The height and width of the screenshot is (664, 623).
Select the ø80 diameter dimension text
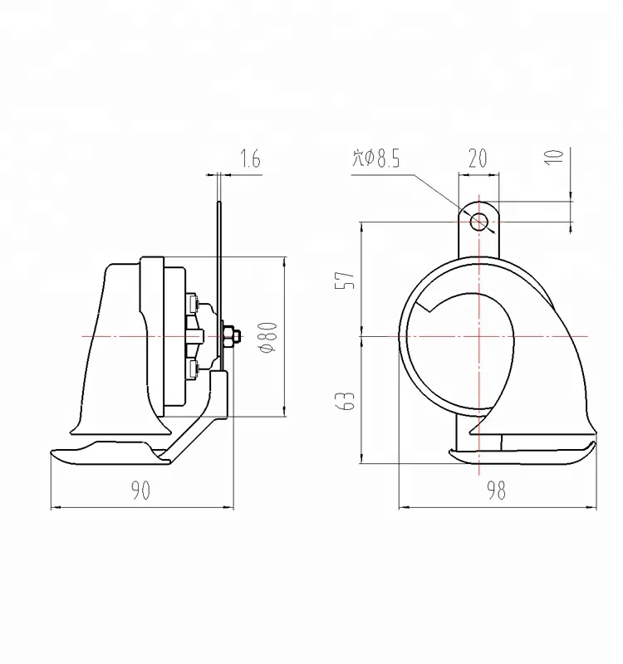pos(266,337)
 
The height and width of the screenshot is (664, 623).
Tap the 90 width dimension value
pos(140,491)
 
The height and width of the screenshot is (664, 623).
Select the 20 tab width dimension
pos(478,159)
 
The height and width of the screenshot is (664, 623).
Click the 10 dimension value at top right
pos(557,156)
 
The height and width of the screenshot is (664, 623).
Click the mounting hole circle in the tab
pos(479,221)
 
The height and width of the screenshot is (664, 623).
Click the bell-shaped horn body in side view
pos(116,349)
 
